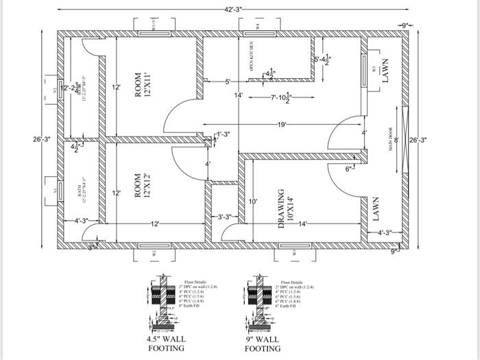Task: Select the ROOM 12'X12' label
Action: (x=142, y=185)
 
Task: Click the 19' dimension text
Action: (x=282, y=125)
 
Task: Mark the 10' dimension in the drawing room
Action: (x=253, y=202)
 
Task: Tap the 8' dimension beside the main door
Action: (x=396, y=141)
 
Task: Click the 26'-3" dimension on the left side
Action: (x=42, y=140)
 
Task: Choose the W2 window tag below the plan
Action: (x=154, y=253)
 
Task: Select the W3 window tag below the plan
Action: (x=294, y=253)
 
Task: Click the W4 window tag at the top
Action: (x=258, y=26)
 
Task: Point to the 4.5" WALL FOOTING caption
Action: (x=167, y=344)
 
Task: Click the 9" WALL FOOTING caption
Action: (x=263, y=344)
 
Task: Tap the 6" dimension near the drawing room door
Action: (x=349, y=168)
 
